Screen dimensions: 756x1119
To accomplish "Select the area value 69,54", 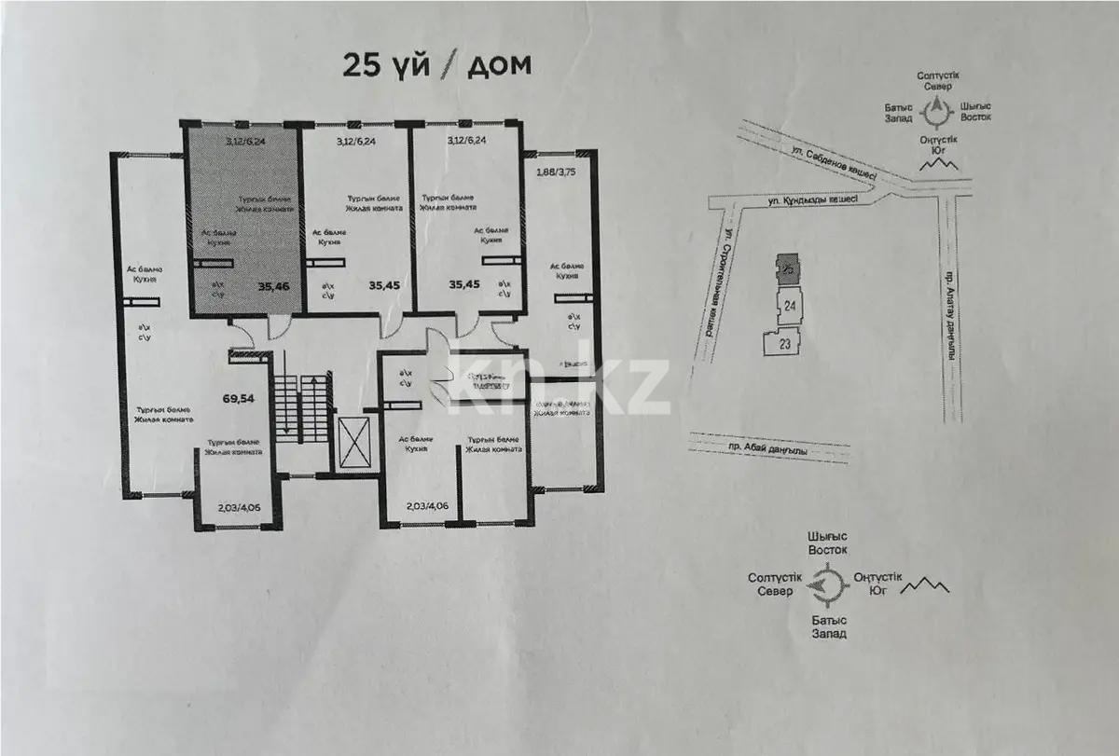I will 240,398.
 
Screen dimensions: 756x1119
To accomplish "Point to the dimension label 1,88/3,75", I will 556,172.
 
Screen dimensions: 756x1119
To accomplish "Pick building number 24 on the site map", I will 789,305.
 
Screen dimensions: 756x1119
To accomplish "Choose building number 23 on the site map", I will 783,343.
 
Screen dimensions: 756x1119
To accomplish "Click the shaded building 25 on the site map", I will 788,268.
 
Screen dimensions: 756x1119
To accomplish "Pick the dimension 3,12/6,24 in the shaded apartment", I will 245,142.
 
